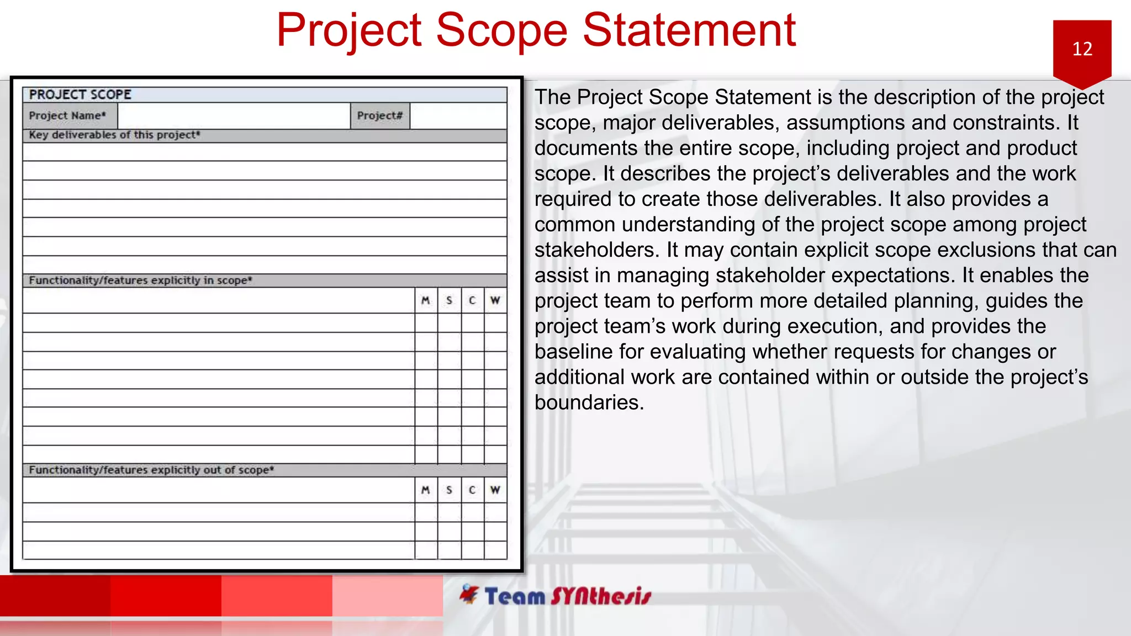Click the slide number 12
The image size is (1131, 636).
pyautogui.click(x=1082, y=49)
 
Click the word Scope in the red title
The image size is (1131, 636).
pyautogui.click(x=501, y=30)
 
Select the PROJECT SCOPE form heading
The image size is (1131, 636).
pyautogui.click(x=80, y=95)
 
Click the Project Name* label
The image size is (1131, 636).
pyautogui.click(x=67, y=116)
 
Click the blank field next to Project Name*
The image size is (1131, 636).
pyautogui.click(x=234, y=116)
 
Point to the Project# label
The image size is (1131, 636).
pyautogui.click(x=380, y=116)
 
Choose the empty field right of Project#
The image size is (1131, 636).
pyautogui.click(x=458, y=116)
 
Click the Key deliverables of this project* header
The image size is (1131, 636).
pyautogui.click(x=114, y=135)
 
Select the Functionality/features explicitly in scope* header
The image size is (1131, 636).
pyautogui.click(x=140, y=280)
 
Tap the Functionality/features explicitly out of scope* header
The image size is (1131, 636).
pyautogui.click(x=151, y=470)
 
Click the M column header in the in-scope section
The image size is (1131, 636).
pyautogui.click(x=425, y=300)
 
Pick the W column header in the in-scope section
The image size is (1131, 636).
pyautogui.click(x=495, y=300)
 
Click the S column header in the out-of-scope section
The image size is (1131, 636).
pyautogui.click(x=449, y=490)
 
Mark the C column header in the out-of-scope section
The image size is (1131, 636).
pyautogui.click(x=472, y=490)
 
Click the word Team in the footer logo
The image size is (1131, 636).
pyautogui.click(x=515, y=597)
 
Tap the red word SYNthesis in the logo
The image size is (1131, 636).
pyautogui.click(x=601, y=597)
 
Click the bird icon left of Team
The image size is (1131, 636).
pyautogui.click(x=469, y=594)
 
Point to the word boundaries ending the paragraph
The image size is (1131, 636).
pyautogui.click(x=589, y=403)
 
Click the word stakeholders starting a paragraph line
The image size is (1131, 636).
pyautogui.click(x=596, y=250)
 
